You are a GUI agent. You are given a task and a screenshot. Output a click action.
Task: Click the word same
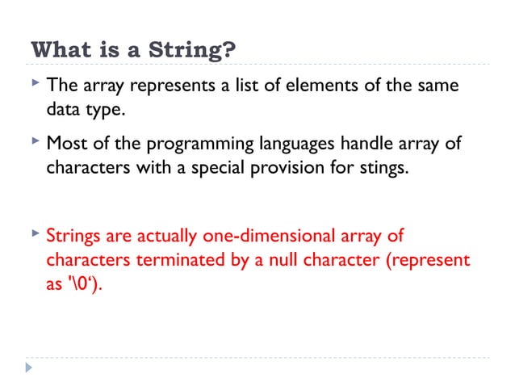pyautogui.click(x=437, y=85)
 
